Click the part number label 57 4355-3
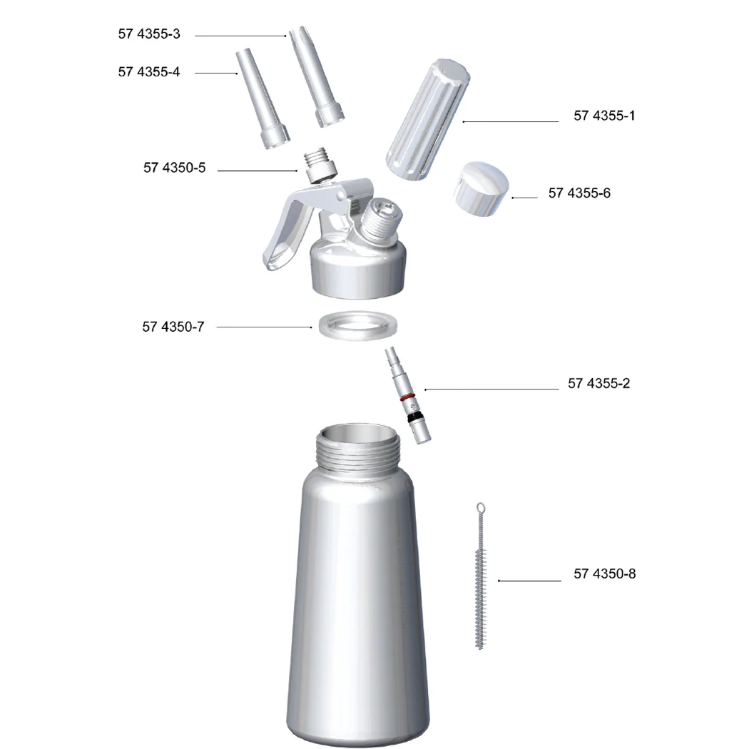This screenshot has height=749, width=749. [x=149, y=34]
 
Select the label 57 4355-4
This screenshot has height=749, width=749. [x=149, y=72]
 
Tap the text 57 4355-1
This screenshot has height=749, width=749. [x=603, y=116]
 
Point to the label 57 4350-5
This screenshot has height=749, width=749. [x=174, y=168]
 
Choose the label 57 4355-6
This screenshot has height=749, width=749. [x=579, y=193]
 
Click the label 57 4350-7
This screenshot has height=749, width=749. [x=173, y=327]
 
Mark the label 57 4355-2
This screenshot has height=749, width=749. [x=598, y=384]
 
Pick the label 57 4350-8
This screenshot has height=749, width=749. [x=604, y=574]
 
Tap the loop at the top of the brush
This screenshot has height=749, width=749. [x=481, y=508]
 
